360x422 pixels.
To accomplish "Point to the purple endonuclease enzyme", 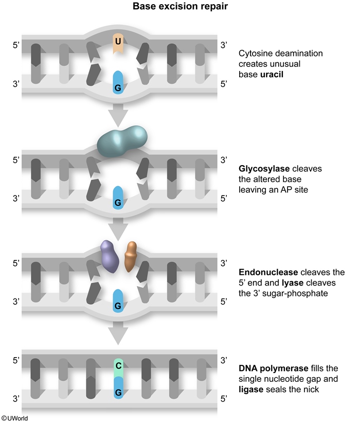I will [x=110, y=256].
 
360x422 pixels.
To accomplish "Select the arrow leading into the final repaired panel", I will [x=118, y=335].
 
